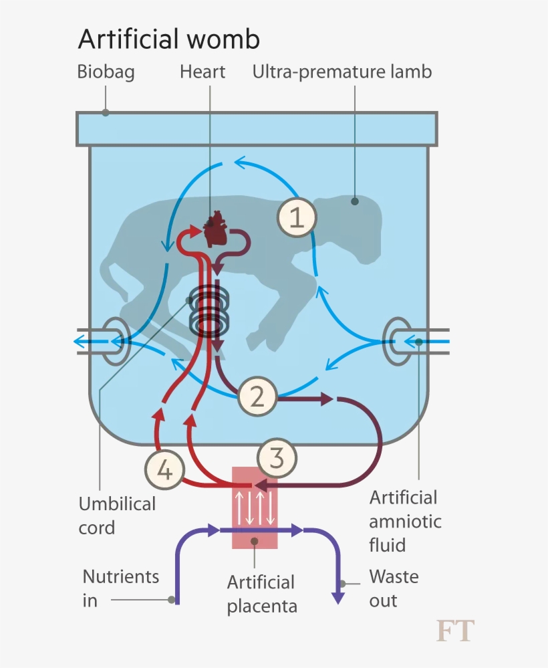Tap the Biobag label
click(106, 72)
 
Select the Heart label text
click(202, 72)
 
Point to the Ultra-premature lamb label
click(342, 72)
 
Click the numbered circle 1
click(297, 218)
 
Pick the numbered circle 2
click(257, 397)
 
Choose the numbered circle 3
click(277, 459)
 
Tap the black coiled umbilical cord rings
click(209, 312)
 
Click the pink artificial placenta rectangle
click(255, 508)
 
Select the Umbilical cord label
click(117, 516)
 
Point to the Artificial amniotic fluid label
click(403, 521)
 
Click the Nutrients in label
click(120, 588)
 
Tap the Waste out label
click(393, 588)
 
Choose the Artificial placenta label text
click(261, 594)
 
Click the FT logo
click(455, 631)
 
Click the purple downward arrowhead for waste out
click(339, 597)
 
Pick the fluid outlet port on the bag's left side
click(115, 342)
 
